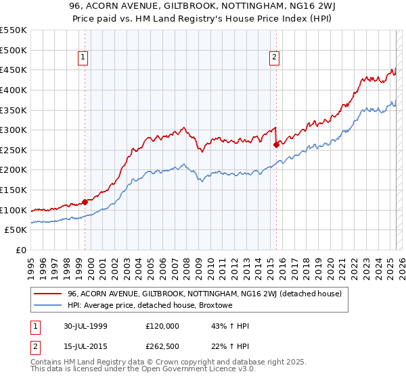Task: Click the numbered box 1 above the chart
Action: point(82,57)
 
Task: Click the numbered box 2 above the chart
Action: point(275,57)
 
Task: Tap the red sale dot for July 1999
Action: point(85,201)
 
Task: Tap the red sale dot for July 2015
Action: point(276,144)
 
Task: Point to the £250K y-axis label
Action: point(14,150)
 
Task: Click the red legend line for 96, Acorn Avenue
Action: point(49,294)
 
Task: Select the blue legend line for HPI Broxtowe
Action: point(49,304)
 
